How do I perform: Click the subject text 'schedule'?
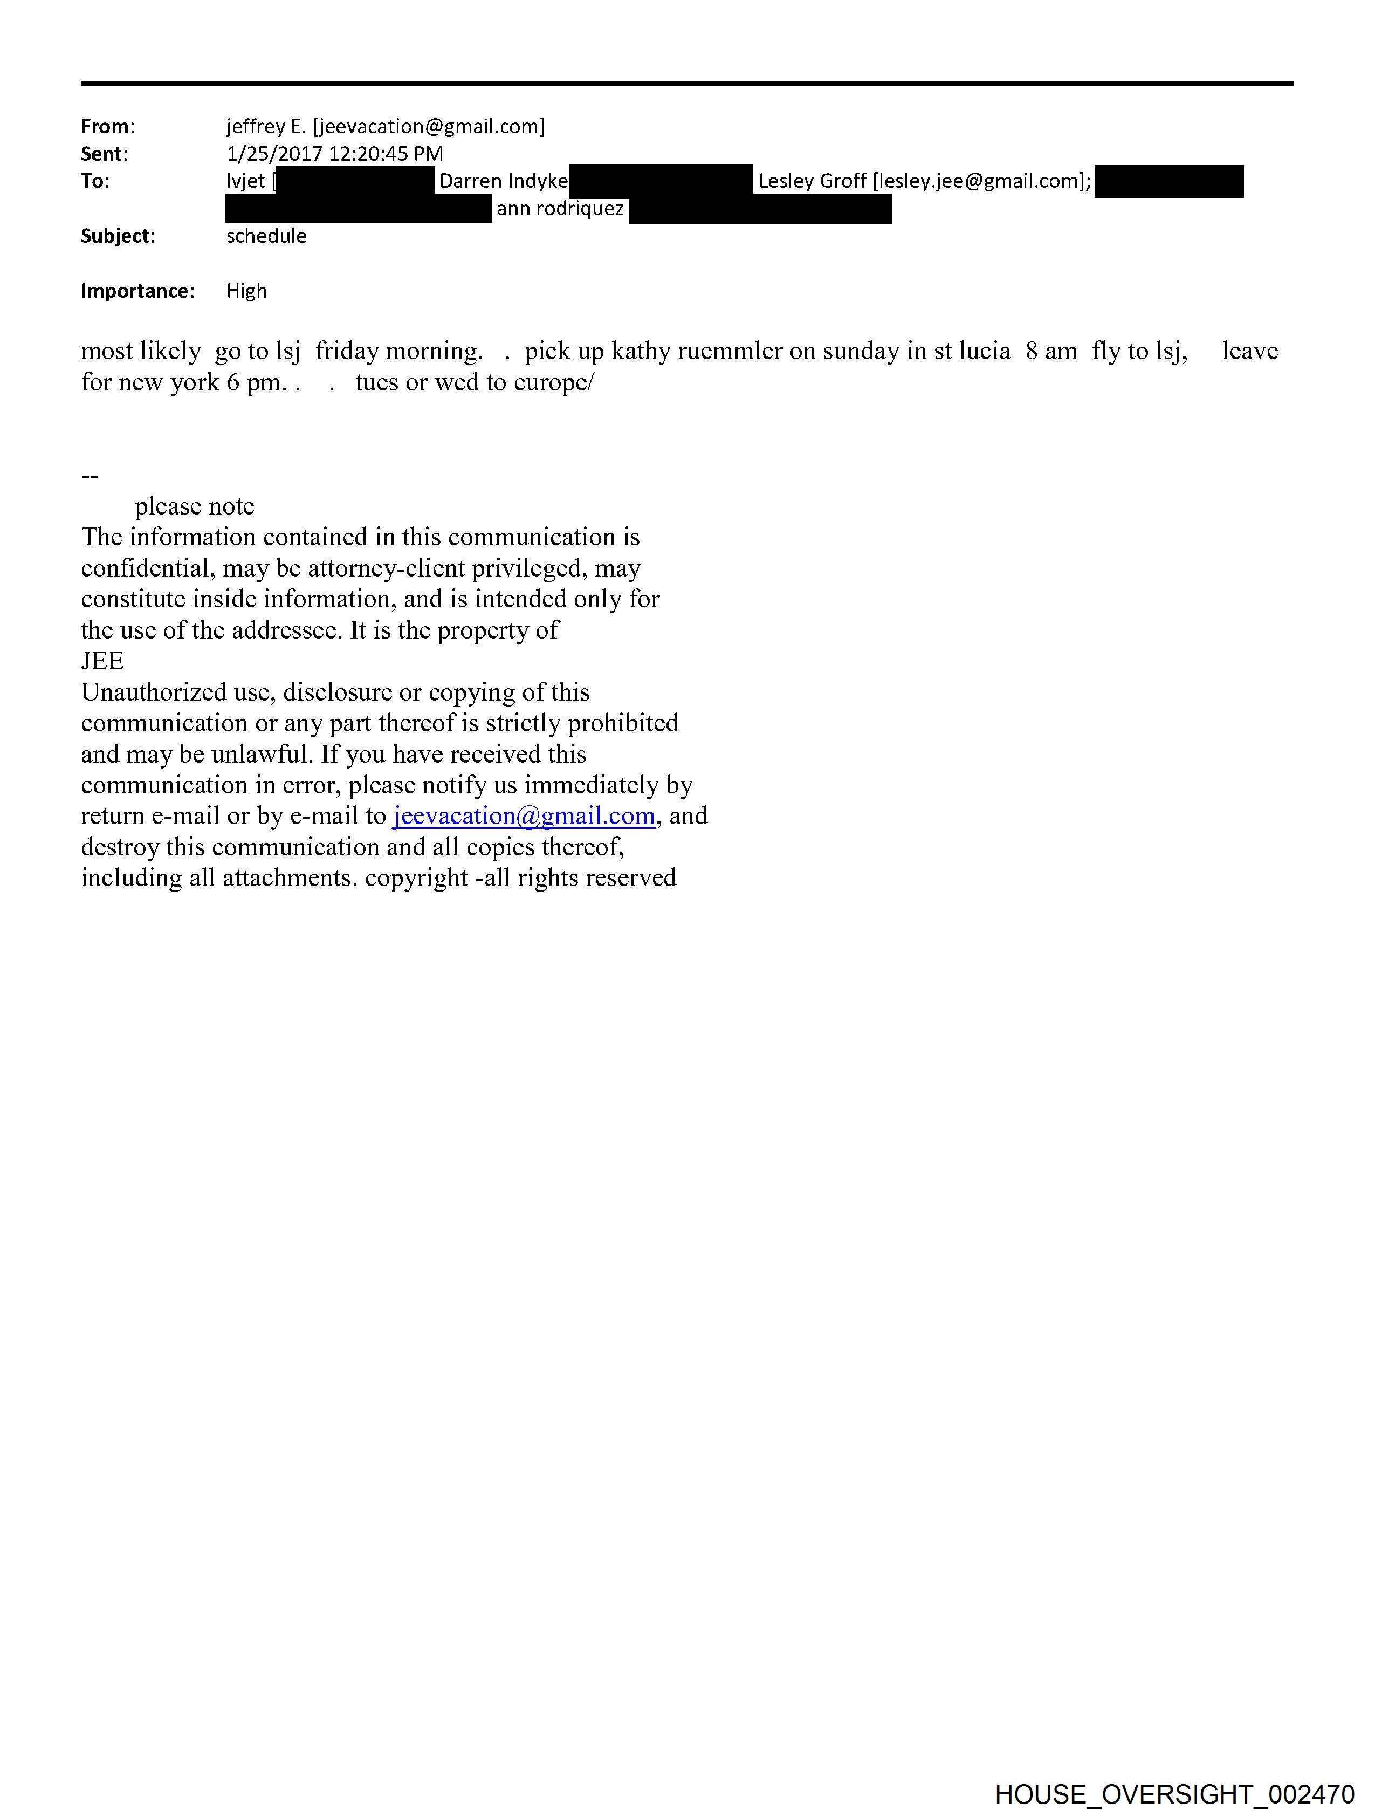coord(266,236)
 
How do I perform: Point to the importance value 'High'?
coord(246,291)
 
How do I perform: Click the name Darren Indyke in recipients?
coord(503,181)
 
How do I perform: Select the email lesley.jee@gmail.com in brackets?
coord(981,181)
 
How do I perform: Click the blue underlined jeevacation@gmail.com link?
coord(524,815)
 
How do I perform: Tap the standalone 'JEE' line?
coord(102,661)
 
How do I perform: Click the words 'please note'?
coord(195,506)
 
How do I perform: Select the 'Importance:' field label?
coord(137,291)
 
